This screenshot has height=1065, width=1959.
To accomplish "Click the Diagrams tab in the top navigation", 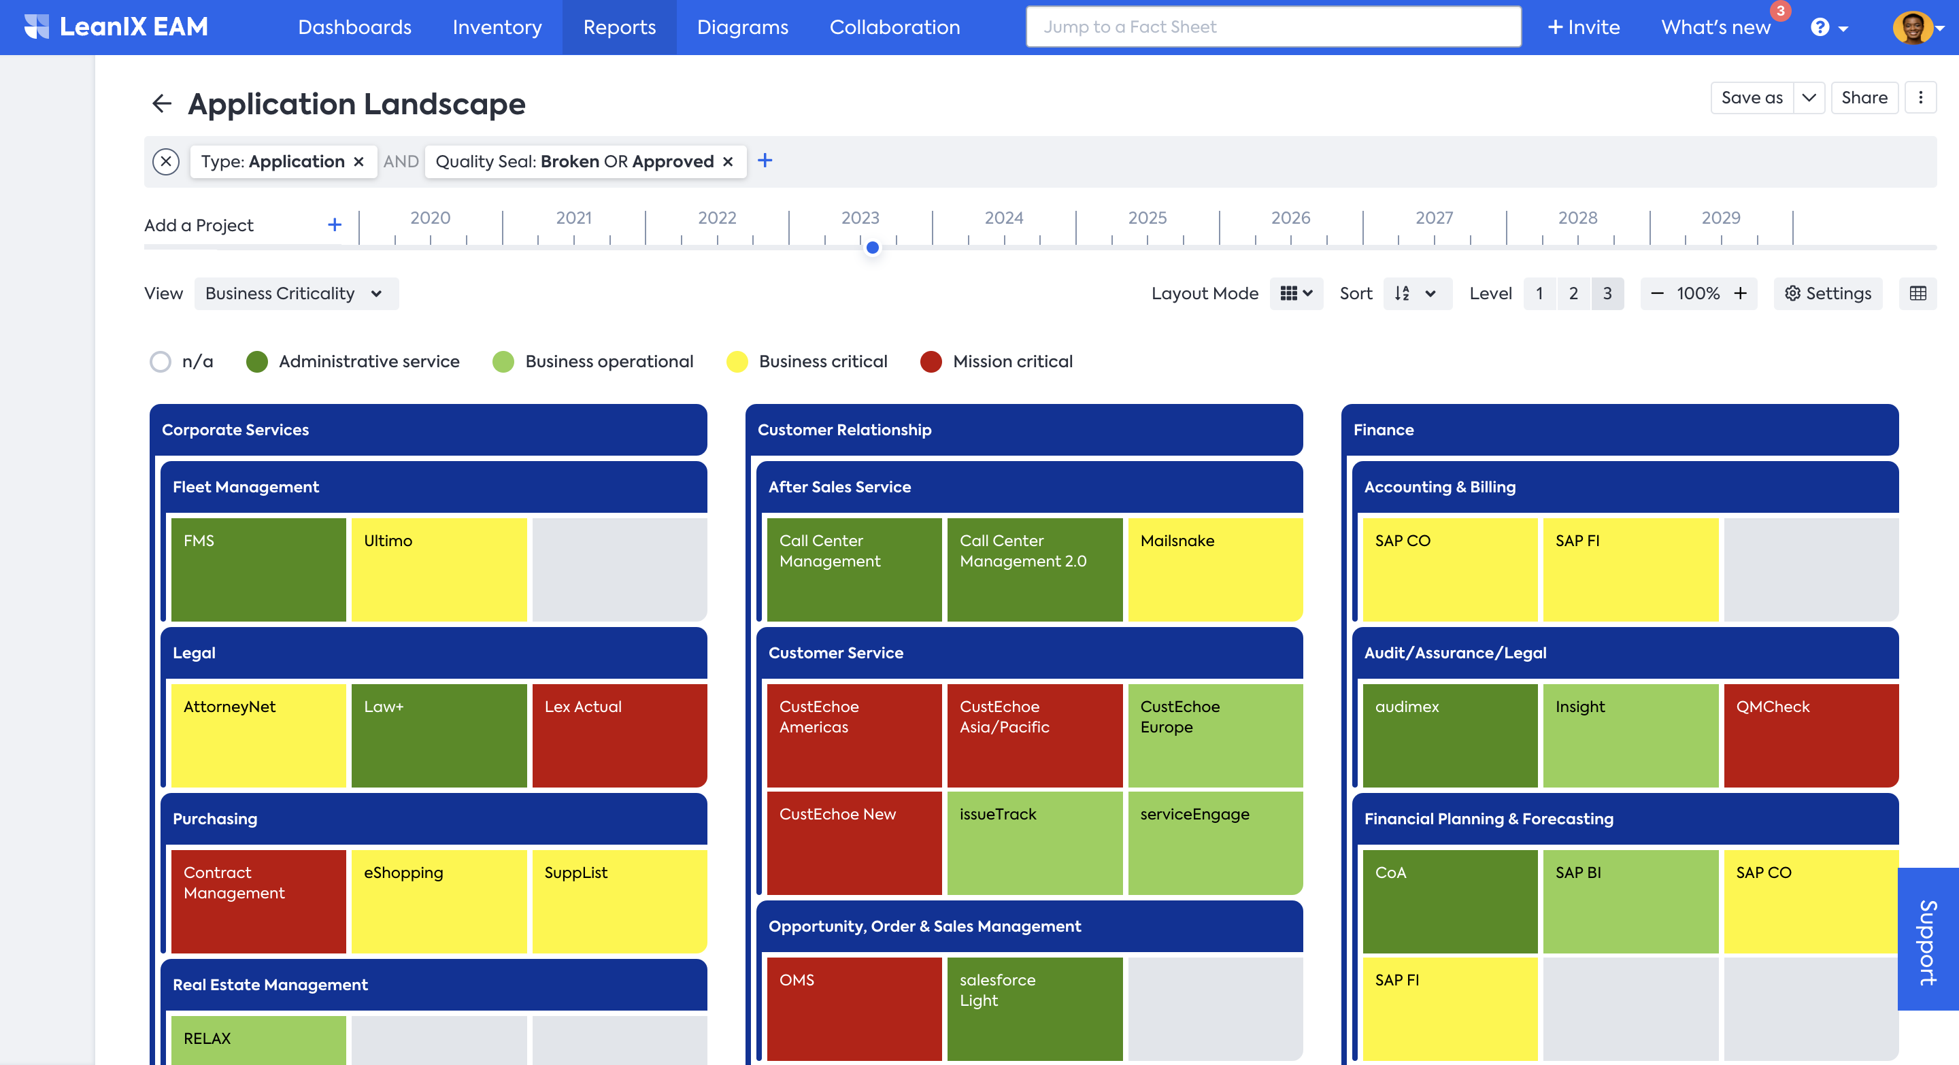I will tap(742, 27).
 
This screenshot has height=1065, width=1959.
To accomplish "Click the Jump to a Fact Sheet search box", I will tap(1273, 27).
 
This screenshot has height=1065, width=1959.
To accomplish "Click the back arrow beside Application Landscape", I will tap(161, 103).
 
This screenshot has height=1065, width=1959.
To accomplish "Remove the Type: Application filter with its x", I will tap(359, 161).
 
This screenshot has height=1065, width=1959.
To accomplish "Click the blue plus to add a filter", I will tap(765, 160).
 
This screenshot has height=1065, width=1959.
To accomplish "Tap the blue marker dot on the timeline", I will tap(872, 248).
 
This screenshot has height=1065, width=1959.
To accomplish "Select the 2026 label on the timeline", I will tap(1290, 218).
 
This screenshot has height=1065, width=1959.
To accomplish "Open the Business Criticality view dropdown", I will tap(296, 293).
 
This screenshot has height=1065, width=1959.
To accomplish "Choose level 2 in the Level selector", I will tap(1573, 293).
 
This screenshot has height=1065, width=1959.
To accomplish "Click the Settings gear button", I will tap(1828, 293).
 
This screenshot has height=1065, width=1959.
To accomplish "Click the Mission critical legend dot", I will tap(931, 362).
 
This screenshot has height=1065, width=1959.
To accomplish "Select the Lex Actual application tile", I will tap(619, 734).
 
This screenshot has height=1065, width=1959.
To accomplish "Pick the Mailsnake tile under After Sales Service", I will tap(1214, 569).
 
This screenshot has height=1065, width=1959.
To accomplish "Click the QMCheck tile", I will tap(1810, 734).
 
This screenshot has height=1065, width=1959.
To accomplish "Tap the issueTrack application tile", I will tap(1034, 842).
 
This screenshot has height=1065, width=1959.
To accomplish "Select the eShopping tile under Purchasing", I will tap(439, 901).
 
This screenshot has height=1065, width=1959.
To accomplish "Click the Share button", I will tap(1864, 98).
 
